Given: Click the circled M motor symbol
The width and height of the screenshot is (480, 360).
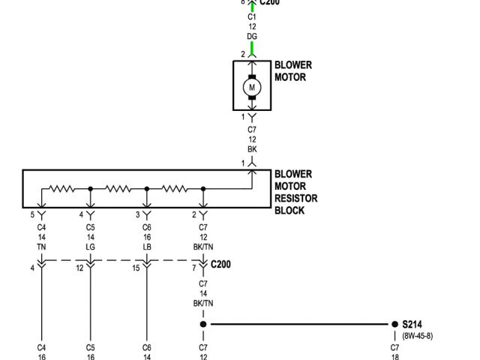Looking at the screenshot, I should coord(252,87).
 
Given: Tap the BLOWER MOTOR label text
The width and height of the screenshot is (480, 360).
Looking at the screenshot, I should coord(293,70).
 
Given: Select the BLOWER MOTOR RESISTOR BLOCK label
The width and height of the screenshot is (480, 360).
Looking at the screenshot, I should coord(295,192).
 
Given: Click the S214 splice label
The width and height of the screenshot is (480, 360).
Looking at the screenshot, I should coord(412,324).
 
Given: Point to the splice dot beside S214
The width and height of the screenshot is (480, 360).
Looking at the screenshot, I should coord(394,324).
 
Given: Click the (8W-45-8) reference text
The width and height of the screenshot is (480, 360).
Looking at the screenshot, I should coord(417,335).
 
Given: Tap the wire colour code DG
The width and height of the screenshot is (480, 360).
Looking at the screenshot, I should coord(252,36).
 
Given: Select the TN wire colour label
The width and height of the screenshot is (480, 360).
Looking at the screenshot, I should coord(41,246).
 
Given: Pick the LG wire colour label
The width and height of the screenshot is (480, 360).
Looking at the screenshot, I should coord(90,246).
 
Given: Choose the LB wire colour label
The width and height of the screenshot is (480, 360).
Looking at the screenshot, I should coord(147,246).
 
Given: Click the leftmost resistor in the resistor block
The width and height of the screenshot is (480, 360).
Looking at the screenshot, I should coord(62,189).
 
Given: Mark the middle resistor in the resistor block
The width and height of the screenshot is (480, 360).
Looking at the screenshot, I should coord(118,189).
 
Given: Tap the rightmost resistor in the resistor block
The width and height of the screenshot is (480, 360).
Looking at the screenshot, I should coord(174,189).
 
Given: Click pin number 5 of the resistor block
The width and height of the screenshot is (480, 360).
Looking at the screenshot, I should coord(32,215).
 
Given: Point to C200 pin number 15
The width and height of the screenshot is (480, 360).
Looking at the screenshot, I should coord(136,267).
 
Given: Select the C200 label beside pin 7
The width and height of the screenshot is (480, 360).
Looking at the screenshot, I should coord(222,265).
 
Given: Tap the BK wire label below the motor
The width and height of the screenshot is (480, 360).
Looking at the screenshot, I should coord(252,148).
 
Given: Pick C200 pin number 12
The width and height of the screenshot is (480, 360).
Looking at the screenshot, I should coord(79,267).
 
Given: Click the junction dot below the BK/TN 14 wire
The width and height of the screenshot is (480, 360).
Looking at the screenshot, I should coord(202,324).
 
